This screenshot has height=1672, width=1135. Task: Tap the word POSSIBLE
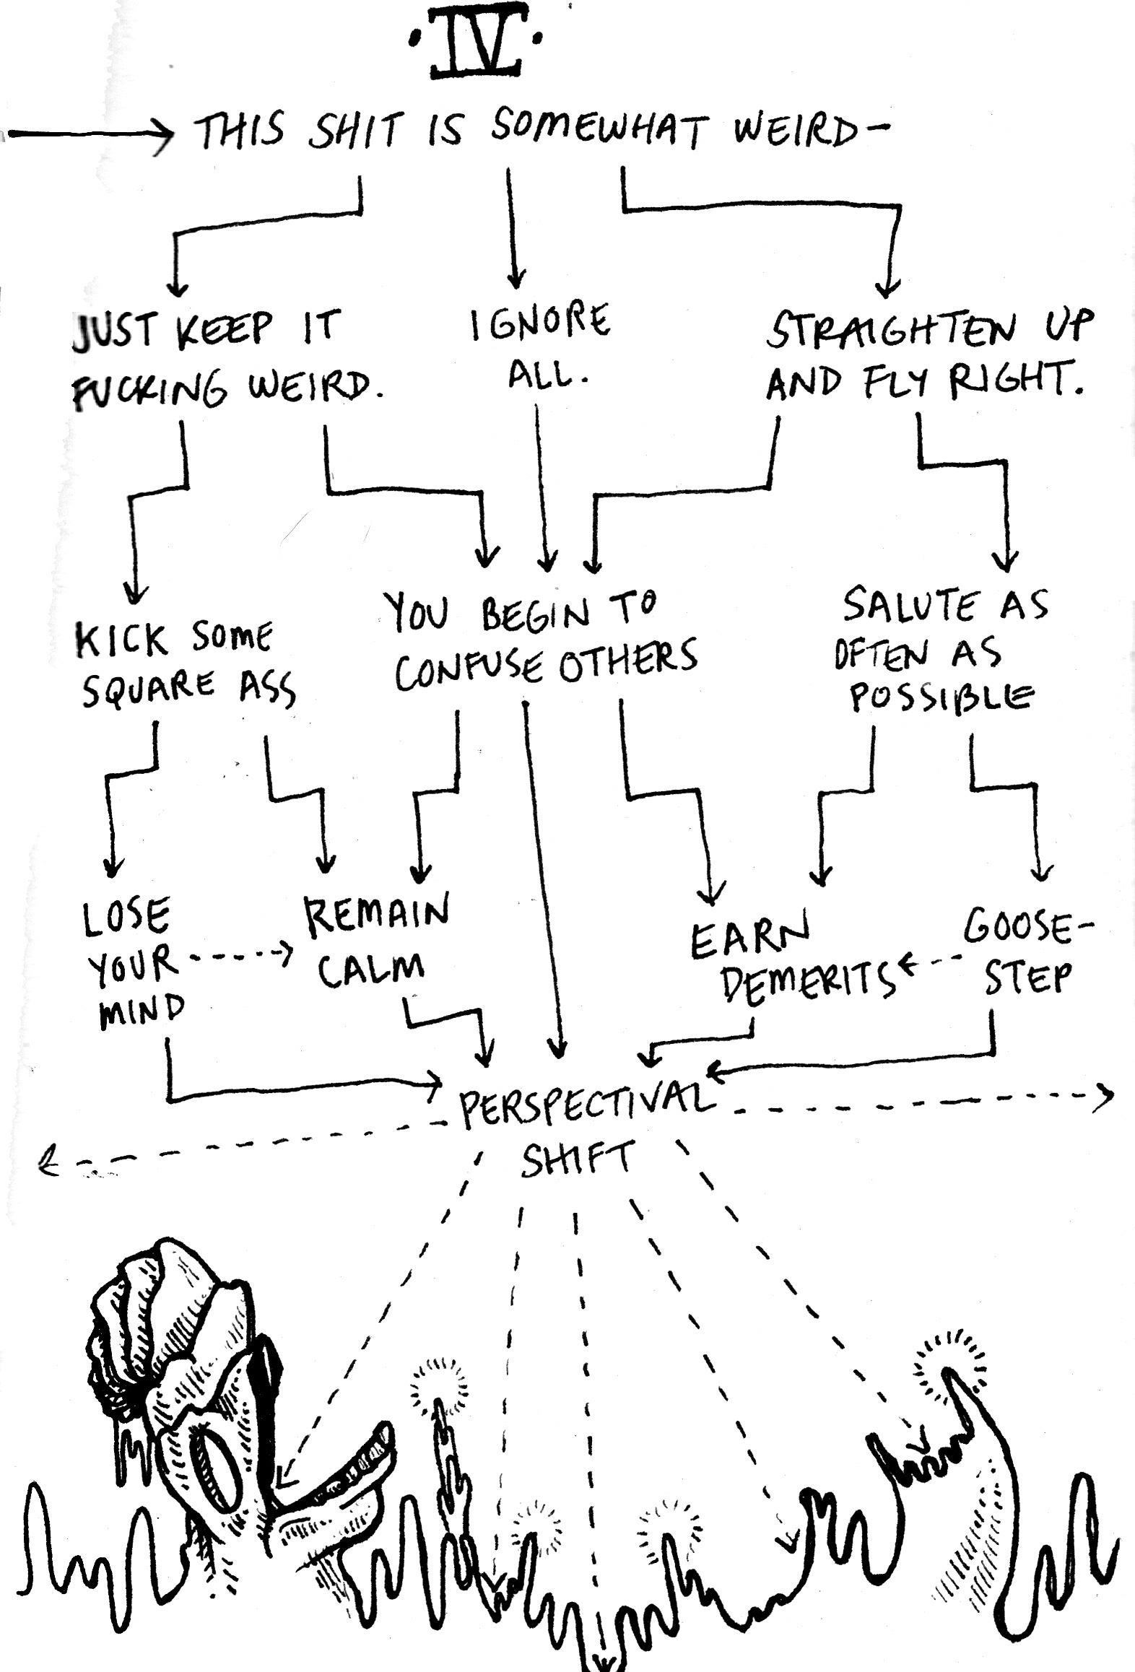pos(940,697)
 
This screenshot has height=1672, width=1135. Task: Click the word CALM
pos(370,970)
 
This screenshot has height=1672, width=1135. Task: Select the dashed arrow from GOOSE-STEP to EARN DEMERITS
pos(930,962)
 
